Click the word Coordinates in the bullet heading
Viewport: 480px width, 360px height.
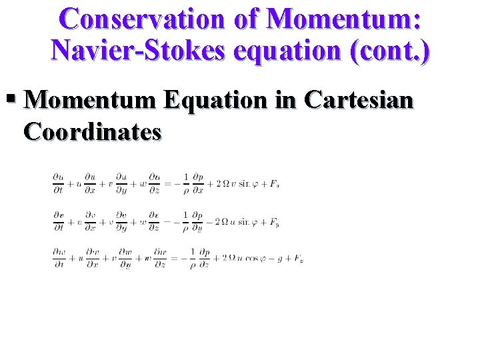92,131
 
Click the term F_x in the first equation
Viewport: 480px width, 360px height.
274,183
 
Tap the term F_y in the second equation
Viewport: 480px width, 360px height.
274,221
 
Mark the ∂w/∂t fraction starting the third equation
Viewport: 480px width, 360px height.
59,259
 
